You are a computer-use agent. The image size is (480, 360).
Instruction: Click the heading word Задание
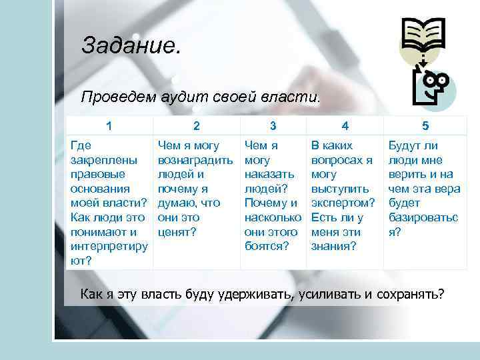point(131,46)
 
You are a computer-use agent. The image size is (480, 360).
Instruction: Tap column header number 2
point(196,125)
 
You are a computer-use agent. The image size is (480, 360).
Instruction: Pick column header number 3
point(273,125)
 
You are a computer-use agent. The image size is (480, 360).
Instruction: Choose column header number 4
point(344,125)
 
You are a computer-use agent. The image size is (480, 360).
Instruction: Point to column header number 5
point(425,125)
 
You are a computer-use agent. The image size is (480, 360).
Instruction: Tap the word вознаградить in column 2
point(195,160)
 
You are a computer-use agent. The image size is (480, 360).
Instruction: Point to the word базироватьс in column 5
point(423,218)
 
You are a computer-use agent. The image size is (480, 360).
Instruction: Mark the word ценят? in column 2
point(176,233)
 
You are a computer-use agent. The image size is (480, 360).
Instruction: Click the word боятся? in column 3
point(267,247)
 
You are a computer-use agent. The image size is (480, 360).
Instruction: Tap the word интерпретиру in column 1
point(109,247)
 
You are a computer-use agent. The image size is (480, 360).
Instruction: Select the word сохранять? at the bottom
point(409,294)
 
